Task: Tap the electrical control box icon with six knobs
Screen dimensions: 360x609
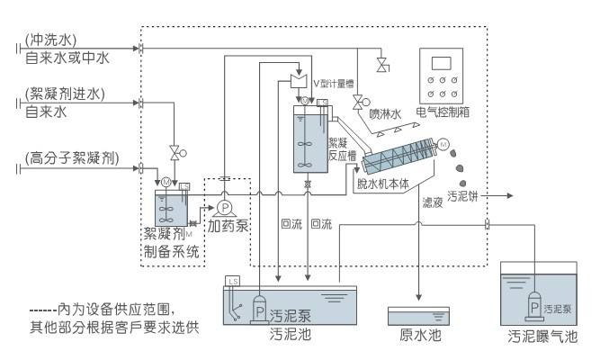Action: [443, 78]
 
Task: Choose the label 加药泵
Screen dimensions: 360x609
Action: [228, 226]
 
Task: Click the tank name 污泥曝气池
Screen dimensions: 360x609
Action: [542, 338]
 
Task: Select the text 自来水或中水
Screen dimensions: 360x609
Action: [67, 58]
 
